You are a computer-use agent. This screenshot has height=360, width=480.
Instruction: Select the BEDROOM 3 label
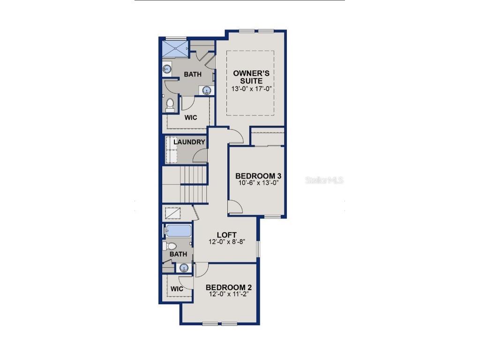click(x=258, y=176)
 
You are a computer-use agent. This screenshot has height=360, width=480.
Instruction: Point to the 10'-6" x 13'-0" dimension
click(x=258, y=183)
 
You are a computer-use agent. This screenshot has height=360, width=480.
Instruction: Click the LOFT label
click(x=226, y=235)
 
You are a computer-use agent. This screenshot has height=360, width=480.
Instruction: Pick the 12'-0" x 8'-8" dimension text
click(x=226, y=242)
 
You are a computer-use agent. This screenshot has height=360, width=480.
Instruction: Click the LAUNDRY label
click(x=189, y=142)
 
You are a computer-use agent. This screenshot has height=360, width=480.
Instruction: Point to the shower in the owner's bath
click(x=175, y=48)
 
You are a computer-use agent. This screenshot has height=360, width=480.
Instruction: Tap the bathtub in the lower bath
click(x=179, y=231)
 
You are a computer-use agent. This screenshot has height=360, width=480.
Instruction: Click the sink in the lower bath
click(x=184, y=268)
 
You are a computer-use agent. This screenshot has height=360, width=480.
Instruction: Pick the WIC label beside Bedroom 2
click(x=177, y=289)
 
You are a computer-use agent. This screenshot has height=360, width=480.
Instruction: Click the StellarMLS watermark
click(x=324, y=180)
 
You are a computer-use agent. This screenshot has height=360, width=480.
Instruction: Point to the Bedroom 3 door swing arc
click(x=235, y=207)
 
